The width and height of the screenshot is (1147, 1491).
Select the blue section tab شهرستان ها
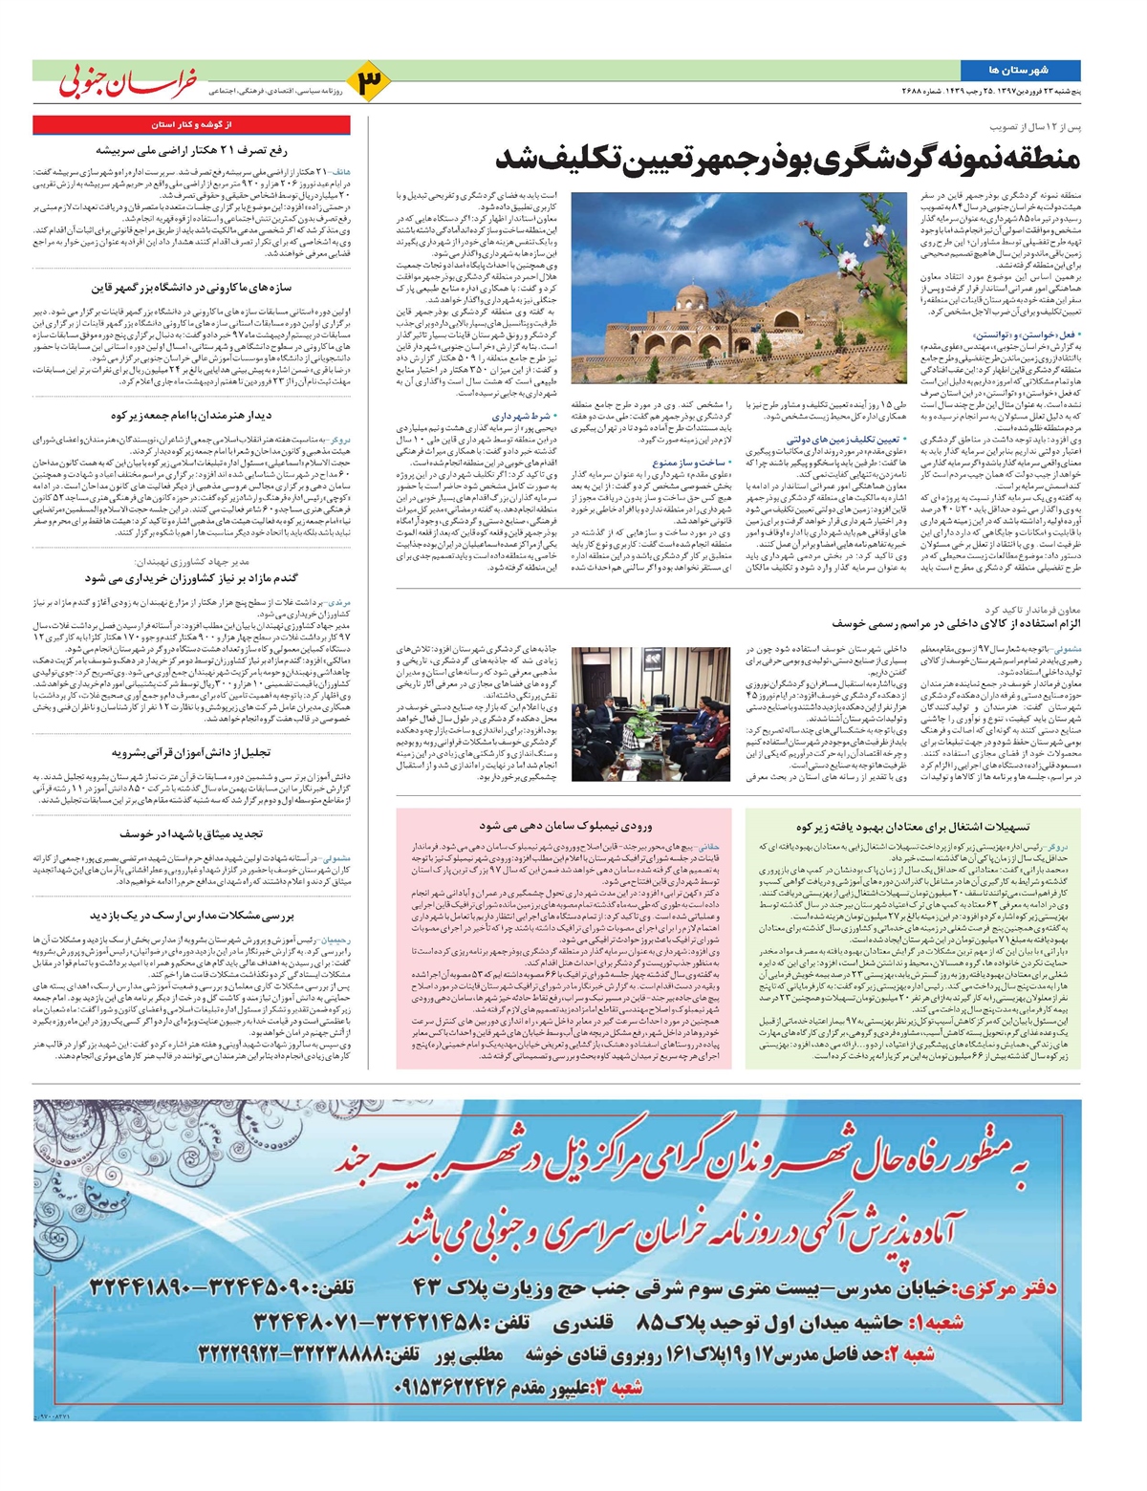pyautogui.click(x=1021, y=71)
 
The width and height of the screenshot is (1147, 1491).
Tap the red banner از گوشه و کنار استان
pyautogui.click(x=191, y=124)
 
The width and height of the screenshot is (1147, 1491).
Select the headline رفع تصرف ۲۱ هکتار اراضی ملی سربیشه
pyautogui.click(x=191, y=149)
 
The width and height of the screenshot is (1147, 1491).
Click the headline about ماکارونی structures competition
pyautogui.click(x=191, y=288)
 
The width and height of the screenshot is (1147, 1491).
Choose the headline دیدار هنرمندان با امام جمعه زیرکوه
pyautogui.click(x=191, y=416)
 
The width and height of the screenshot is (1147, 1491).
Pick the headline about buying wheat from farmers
pyautogui.click(x=191, y=578)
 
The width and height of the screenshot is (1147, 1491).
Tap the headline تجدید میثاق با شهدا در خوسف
pyautogui.click(x=191, y=834)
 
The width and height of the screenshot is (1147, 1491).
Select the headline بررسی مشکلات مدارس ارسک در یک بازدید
pyautogui.click(x=191, y=916)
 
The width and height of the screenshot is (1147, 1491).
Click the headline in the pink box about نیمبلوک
pyautogui.click(x=570, y=824)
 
